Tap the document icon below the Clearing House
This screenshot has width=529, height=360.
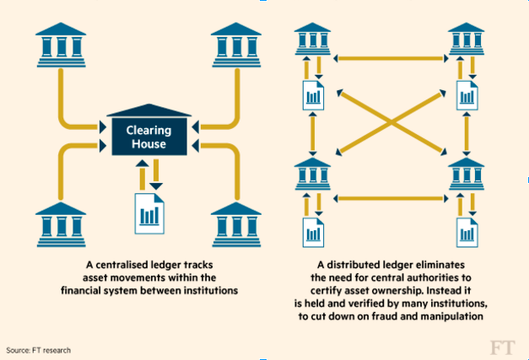tap(150, 213)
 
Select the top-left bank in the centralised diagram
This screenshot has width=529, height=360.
tap(62, 44)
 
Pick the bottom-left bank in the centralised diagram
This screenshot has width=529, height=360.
tap(62, 223)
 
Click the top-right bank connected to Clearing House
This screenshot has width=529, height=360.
tap(237, 44)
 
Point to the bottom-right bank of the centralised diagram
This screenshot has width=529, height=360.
tap(237, 223)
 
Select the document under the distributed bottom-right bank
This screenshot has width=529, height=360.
tap(467, 230)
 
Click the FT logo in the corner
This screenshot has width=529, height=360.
tap(503, 347)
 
